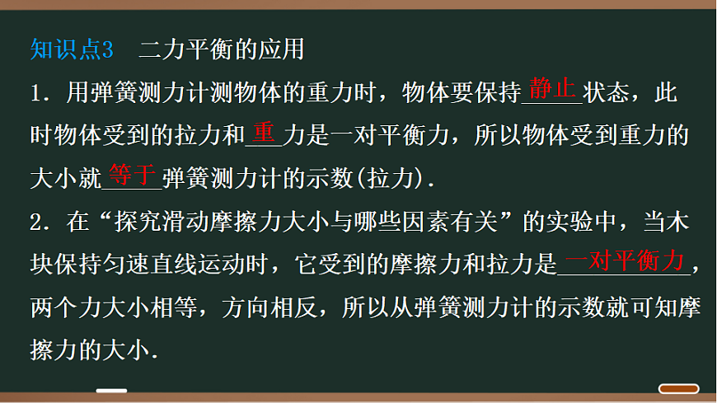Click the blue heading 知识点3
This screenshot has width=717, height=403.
tap(71, 50)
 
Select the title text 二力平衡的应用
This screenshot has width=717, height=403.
tap(221, 50)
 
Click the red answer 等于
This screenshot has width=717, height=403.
tap(131, 174)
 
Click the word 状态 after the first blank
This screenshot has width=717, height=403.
tap(605, 93)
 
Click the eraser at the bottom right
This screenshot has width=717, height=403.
tap(680, 388)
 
